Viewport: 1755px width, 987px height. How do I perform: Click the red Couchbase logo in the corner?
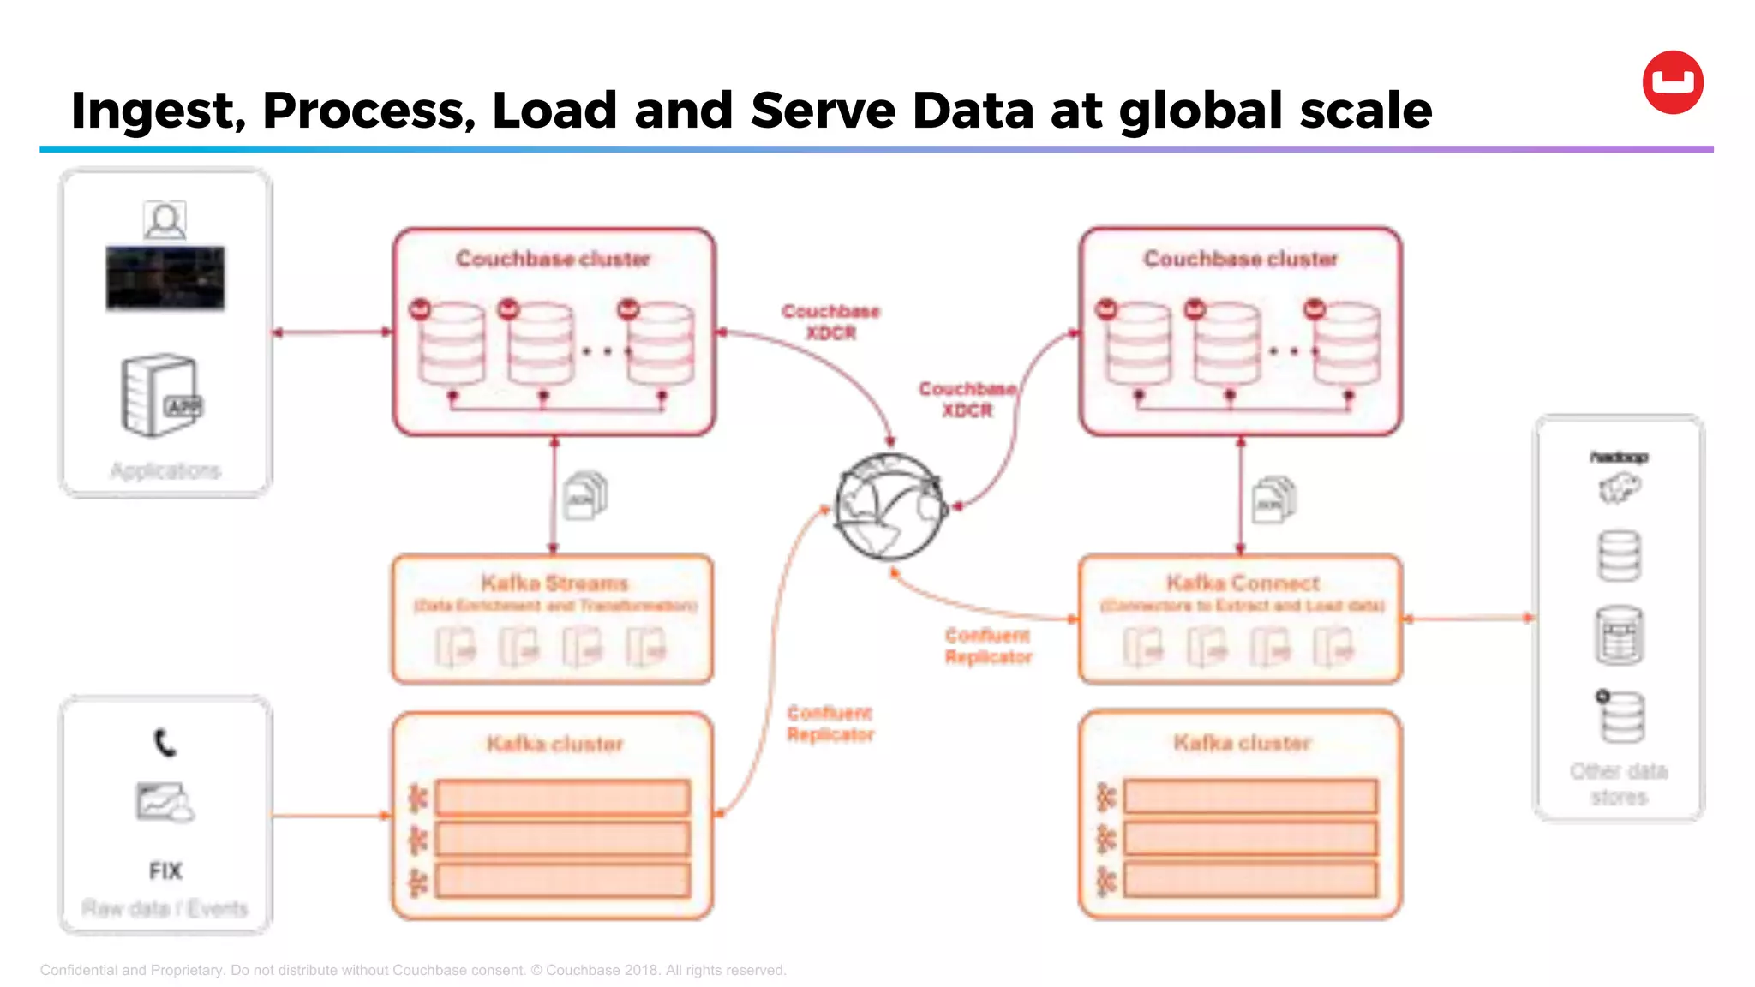point(1672,82)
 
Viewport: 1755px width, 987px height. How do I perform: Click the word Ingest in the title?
point(157,111)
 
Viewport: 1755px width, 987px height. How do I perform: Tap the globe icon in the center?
point(890,506)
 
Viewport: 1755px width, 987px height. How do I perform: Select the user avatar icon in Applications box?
point(165,221)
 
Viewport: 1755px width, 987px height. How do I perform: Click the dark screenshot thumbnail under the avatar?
point(165,278)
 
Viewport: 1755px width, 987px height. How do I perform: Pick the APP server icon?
point(161,395)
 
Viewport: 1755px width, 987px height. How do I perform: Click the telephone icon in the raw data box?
point(165,742)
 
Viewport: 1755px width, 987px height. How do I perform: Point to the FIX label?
point(165,871)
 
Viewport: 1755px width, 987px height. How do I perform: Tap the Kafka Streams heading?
point(554,583)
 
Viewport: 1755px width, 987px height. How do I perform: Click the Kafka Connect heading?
point(1243,583)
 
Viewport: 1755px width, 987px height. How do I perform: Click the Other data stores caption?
point(1619,784)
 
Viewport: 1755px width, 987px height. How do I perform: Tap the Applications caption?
point(165,470)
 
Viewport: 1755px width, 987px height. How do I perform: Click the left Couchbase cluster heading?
point(553,259)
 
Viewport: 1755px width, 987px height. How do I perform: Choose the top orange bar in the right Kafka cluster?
point(1250,796)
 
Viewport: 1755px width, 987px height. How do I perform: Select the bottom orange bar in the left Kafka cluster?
point(562,880)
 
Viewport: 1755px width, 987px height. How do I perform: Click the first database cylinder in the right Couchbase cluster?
point(1136,342)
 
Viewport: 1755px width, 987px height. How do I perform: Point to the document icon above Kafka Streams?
point(586,496)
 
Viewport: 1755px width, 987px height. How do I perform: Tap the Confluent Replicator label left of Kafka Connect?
point(988,646)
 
